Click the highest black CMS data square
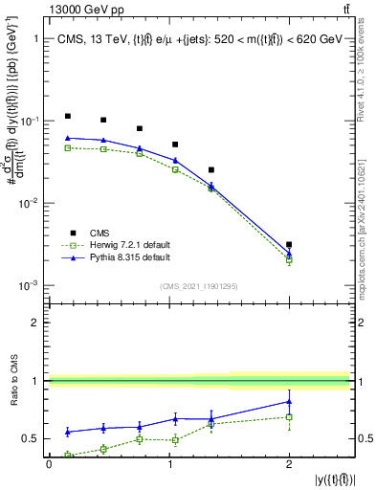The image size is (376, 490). tap(68, 116)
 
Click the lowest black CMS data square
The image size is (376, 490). tap(289, 245)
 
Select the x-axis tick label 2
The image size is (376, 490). tap(289, 464)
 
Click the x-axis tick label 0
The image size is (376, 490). tap(49, 464)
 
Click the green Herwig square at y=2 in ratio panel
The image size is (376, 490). tap(289, 416)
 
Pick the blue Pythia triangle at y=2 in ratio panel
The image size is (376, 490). tap(289, 401)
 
